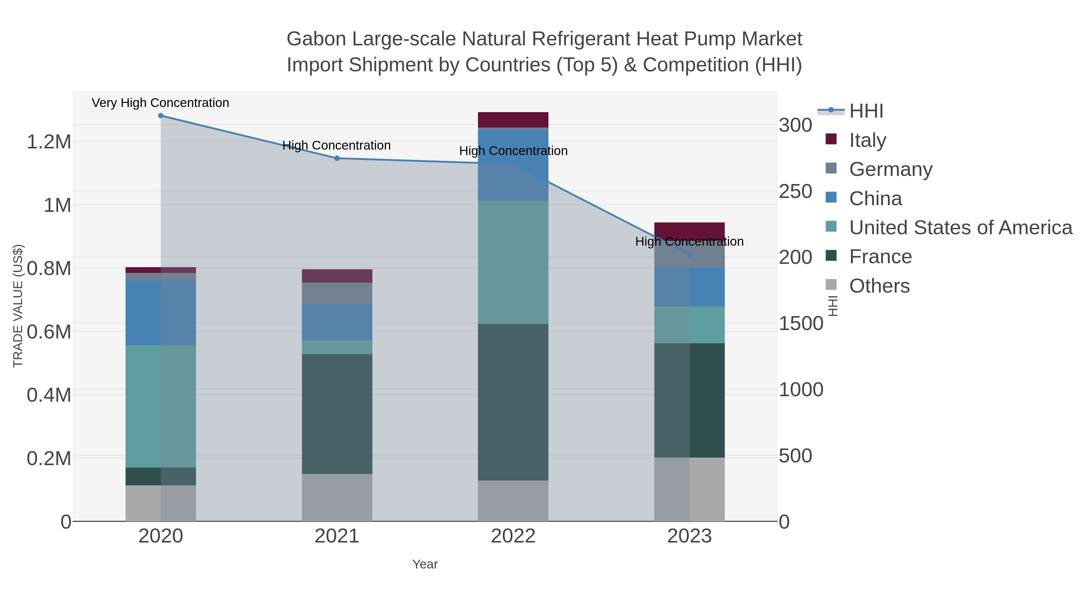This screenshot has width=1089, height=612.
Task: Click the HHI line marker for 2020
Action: [x=161, y=116]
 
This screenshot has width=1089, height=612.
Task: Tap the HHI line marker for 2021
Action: [x=337, y=158]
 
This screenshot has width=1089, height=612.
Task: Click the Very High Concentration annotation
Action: [x=160, y=103]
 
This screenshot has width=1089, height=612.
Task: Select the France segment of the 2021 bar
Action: [x=337, y=414]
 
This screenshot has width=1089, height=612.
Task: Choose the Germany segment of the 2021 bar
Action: [x=337, y=293]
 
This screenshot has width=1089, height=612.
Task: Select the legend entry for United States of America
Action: [x=960, y=228]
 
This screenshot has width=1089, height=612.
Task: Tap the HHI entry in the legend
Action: [x=866, y=111]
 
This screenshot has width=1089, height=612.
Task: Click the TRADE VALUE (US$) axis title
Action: [x=18, y=306]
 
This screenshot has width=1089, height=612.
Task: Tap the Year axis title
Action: [x=425, y=564]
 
